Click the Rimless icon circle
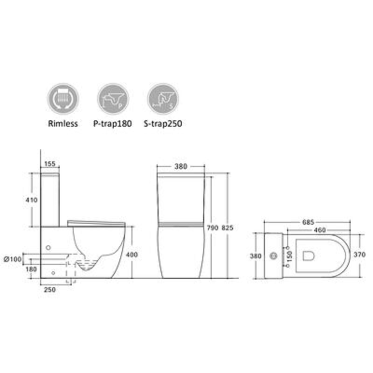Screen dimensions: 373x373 tap(63, 98)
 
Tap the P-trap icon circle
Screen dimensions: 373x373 tap(113, 98)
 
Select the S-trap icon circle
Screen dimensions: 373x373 tap(163, 98)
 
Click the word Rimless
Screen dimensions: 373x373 tap(63, 124)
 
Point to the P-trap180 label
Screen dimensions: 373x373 tap(112, 124)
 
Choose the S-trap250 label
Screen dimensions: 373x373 tap(163, 124)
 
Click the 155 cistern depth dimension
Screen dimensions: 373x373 tap(50, 164)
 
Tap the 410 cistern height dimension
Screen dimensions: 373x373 tap(32, 200)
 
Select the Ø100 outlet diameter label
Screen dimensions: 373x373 tap(13, 259)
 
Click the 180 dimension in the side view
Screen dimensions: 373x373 tap(31, 269)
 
